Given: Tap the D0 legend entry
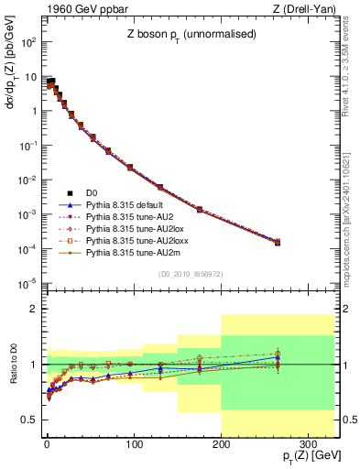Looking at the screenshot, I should pos(92,191).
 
